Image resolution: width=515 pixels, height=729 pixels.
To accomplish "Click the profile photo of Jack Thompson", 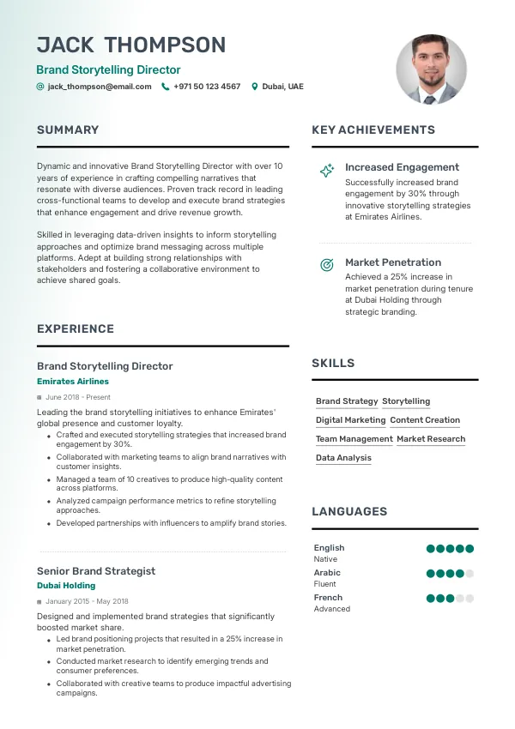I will pos(431,69).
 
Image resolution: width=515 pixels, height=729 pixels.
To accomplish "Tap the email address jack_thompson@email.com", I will pos(100,87).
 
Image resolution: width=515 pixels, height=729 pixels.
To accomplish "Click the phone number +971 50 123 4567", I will pos(207,87).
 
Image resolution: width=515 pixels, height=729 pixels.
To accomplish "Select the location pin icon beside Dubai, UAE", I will pos(254,87).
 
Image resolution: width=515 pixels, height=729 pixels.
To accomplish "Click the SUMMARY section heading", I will pos(68,130).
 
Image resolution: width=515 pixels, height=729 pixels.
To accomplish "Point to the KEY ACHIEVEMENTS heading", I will pos(373,130).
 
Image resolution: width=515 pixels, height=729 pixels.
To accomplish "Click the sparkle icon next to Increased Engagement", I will pos(327,171).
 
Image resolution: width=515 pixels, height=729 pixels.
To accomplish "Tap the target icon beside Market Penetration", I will pos(327,265).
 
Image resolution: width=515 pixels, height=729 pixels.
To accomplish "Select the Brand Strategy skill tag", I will pos(347,401).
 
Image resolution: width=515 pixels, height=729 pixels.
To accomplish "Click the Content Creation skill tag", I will pos(425,420).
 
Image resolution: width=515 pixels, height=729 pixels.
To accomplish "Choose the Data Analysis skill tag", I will pos(343,458).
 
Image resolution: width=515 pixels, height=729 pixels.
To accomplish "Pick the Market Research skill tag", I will pos(431,439).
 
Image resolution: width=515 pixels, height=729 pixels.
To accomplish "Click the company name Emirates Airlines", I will pos(73,381).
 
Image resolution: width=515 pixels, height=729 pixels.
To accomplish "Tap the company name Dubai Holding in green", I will pos(66,586).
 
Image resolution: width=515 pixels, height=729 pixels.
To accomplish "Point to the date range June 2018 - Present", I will pos(78,397).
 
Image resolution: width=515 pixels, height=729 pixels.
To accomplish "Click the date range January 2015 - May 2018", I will pos(87,601).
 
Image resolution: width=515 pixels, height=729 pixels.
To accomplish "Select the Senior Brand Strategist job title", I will pos(96,570).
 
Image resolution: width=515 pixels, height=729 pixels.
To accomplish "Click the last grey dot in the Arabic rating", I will pos(470,574).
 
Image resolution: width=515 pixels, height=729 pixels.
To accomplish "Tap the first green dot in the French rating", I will pos(431,599).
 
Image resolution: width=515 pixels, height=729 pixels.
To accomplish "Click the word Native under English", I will pos(325,559).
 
